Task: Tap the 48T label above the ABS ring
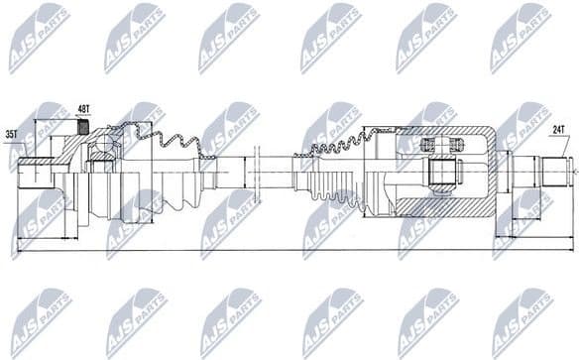coord(83,110)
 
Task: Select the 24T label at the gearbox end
coord(558,128)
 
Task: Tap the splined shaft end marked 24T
coord(555,172)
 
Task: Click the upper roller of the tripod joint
coord(443,145)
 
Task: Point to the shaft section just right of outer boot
coord(233,173)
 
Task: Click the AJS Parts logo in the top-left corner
coord(40,36)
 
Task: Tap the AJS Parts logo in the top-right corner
coord(521,36)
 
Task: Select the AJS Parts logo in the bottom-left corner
coord(40,321)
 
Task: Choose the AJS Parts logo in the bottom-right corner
coord(521,321)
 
